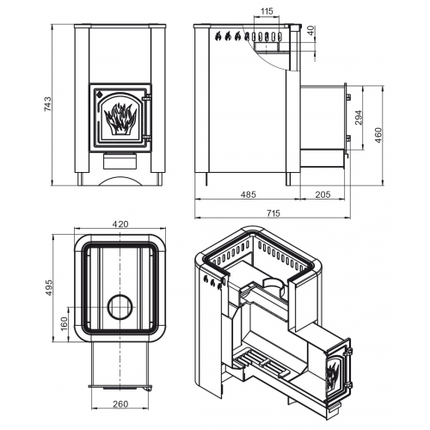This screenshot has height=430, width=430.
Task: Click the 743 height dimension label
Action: click(x=47, y=104)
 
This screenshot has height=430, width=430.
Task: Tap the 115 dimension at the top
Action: click(x=267, y=11)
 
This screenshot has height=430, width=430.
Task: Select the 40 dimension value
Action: click(x=311, y=31)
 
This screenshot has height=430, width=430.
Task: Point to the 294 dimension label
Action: click(x=359, y=117)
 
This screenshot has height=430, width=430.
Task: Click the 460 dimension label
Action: click(x=378, y=135)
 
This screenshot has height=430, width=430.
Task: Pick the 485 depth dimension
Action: click(x=249, y=194)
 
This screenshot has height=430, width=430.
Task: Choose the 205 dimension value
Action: click(x=322, y=194)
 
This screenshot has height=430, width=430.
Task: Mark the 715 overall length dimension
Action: click(x=273, y=213)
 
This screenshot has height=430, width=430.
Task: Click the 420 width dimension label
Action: click(x=120, y=224)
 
